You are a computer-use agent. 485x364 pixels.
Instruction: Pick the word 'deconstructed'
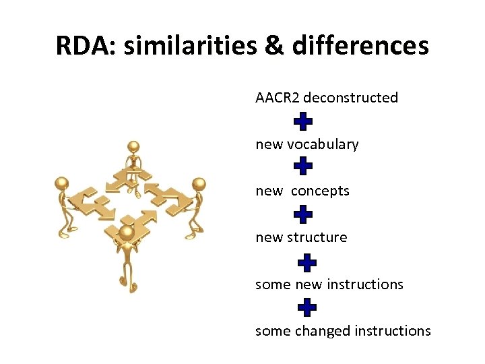pos(351,98)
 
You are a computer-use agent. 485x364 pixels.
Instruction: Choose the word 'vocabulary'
pos(323,144)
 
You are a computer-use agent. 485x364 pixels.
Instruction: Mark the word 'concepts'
pos(321,191)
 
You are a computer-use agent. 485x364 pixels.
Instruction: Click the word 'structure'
pos(317,237)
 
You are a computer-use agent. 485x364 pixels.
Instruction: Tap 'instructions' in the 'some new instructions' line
pos(365,284)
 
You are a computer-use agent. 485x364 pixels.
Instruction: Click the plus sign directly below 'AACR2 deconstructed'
pos(304,121)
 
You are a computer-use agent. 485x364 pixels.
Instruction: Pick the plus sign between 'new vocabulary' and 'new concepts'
pos(304,166)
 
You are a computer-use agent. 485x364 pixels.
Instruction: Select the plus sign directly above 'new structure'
pos(304,214)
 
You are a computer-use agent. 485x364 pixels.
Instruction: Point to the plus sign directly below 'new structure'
pos(306,262)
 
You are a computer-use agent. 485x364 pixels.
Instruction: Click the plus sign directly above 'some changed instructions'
pos(306,308)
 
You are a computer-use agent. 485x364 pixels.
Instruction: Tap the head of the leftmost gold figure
pos(63,183)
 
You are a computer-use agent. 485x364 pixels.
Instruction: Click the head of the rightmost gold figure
pos(199,184)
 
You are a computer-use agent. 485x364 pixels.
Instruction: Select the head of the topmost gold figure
pos(134,147)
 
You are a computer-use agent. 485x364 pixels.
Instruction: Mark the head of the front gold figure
pos(127,233)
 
